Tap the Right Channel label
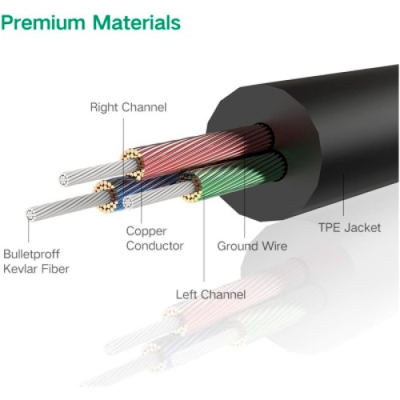[x=127, y=106]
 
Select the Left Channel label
[x=210, y=294]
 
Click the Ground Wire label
[x=252, y=246]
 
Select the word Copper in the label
[x=146, y=230]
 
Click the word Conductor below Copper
[x=154, y=246]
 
